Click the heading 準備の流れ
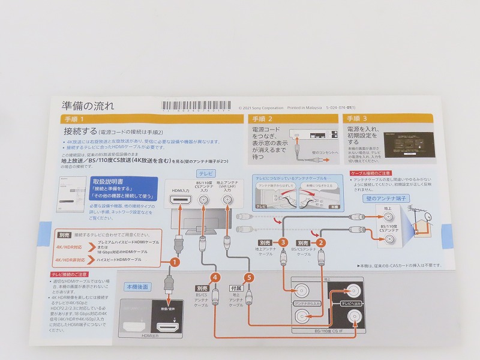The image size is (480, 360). click(x=89, y=106)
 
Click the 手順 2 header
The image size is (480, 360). click(x=293, y=119)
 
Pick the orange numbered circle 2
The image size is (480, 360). click(x=322, y=243)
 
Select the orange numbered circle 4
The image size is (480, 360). click(x=215, y=278)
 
